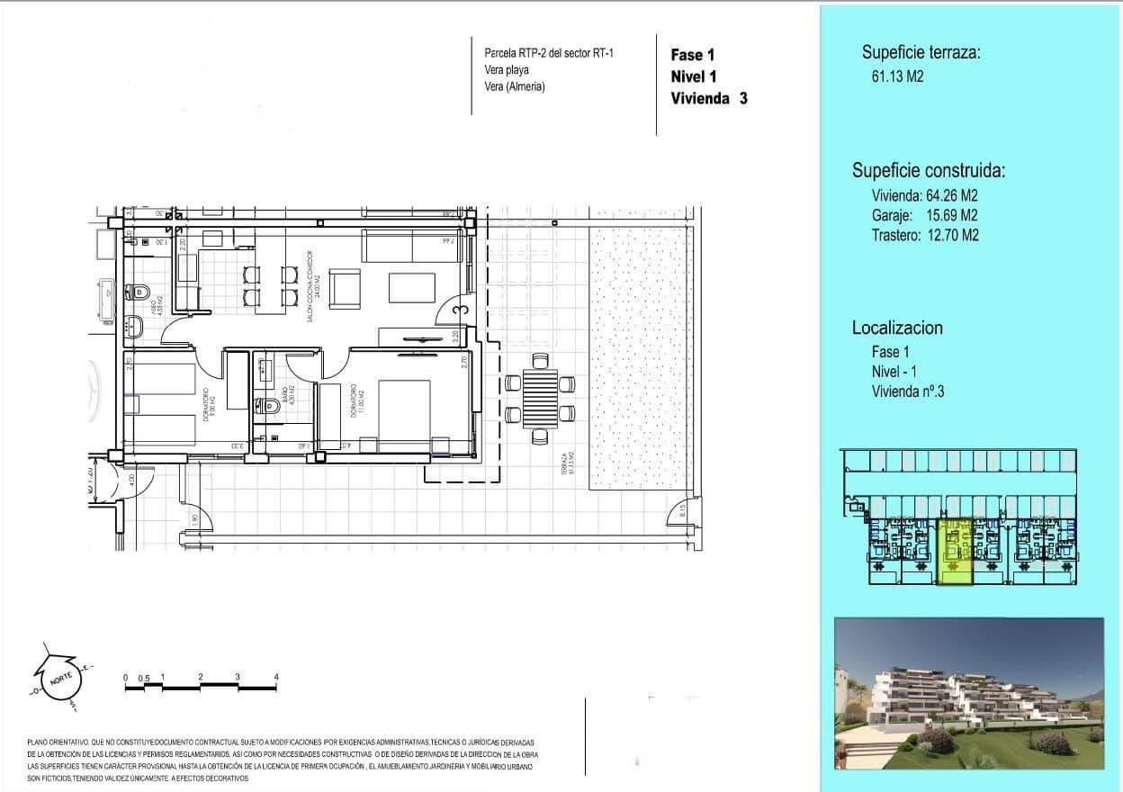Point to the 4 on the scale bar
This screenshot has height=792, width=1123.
click(276, 676)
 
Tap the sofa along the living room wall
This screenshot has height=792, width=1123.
click(412, 245)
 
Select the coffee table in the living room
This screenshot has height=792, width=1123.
click(412, 288)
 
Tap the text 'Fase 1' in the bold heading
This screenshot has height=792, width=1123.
click(693, 55)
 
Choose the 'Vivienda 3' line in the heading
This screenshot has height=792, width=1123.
click(708, 99)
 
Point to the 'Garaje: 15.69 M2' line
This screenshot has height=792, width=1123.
click(924, 215)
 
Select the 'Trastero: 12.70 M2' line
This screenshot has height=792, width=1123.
click(925, 235)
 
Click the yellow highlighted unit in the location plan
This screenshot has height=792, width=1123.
click(955, 552)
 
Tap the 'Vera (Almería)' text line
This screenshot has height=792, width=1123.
click(515, 86)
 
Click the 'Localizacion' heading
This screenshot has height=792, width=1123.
click(897, 328)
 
